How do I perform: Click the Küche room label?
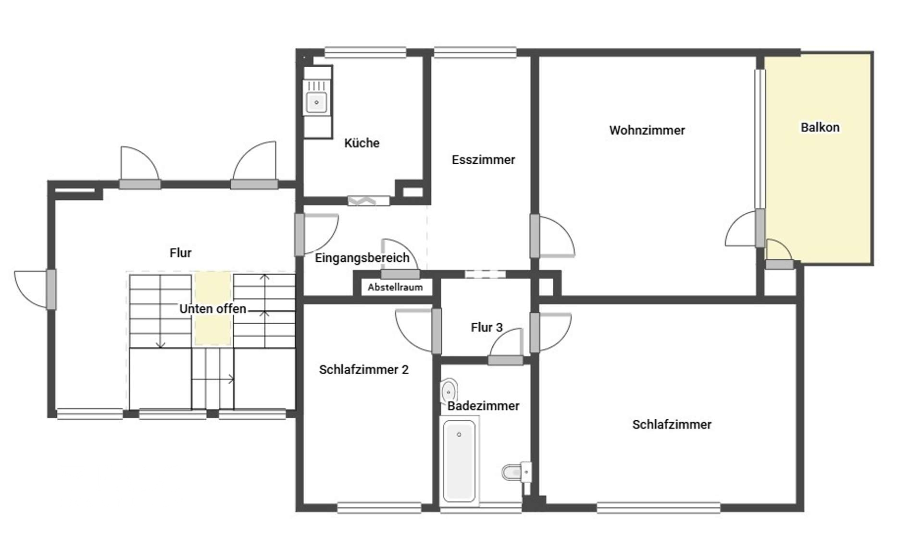click(x=362, y=143)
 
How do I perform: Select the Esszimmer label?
click(x=483, y=159)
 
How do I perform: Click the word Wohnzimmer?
click(x=647, y=130)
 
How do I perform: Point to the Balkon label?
click(x=820, y=127)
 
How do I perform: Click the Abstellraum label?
click(x=395, y=287)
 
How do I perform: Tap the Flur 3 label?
click(x=486, y=327)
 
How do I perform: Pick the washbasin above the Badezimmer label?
click(x=449, y=391)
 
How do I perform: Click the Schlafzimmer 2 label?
click(x=363, y=369)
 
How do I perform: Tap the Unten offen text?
click(x=212, y=308)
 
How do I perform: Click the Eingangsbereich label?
click(x=362, y=257)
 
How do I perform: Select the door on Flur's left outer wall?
click(x=51, y=289)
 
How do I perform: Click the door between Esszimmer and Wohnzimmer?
click(x=535, y=236)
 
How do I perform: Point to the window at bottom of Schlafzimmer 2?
click(x=379, y=507)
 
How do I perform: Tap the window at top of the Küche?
click(x=365, y=52)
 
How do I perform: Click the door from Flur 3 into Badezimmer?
click(x=505, y=360)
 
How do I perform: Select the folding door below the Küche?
click(x=368, y=200)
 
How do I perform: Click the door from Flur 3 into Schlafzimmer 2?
click(x=437, y=331)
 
